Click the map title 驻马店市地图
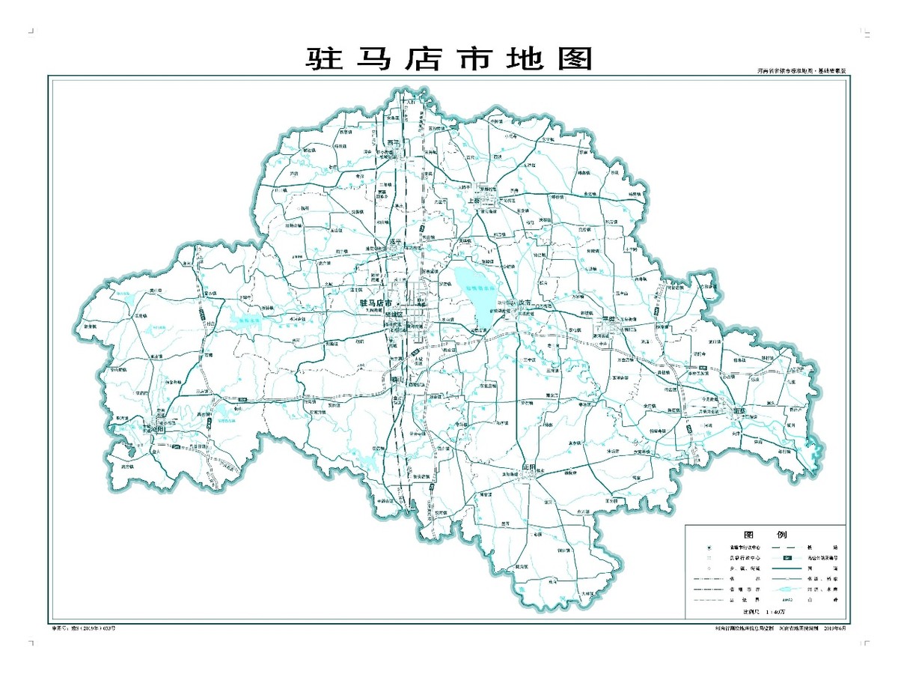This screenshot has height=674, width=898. (449, 58)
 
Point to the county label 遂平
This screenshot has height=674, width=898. (397, 242)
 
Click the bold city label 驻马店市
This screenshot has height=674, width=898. (376, 303)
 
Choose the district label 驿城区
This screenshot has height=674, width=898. (393, 315)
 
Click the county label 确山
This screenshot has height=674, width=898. (397, 380)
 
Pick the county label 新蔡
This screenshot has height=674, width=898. (739, 410)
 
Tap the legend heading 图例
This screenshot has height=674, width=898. (765, 535)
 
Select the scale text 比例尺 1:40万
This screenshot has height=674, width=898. (765, 612)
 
